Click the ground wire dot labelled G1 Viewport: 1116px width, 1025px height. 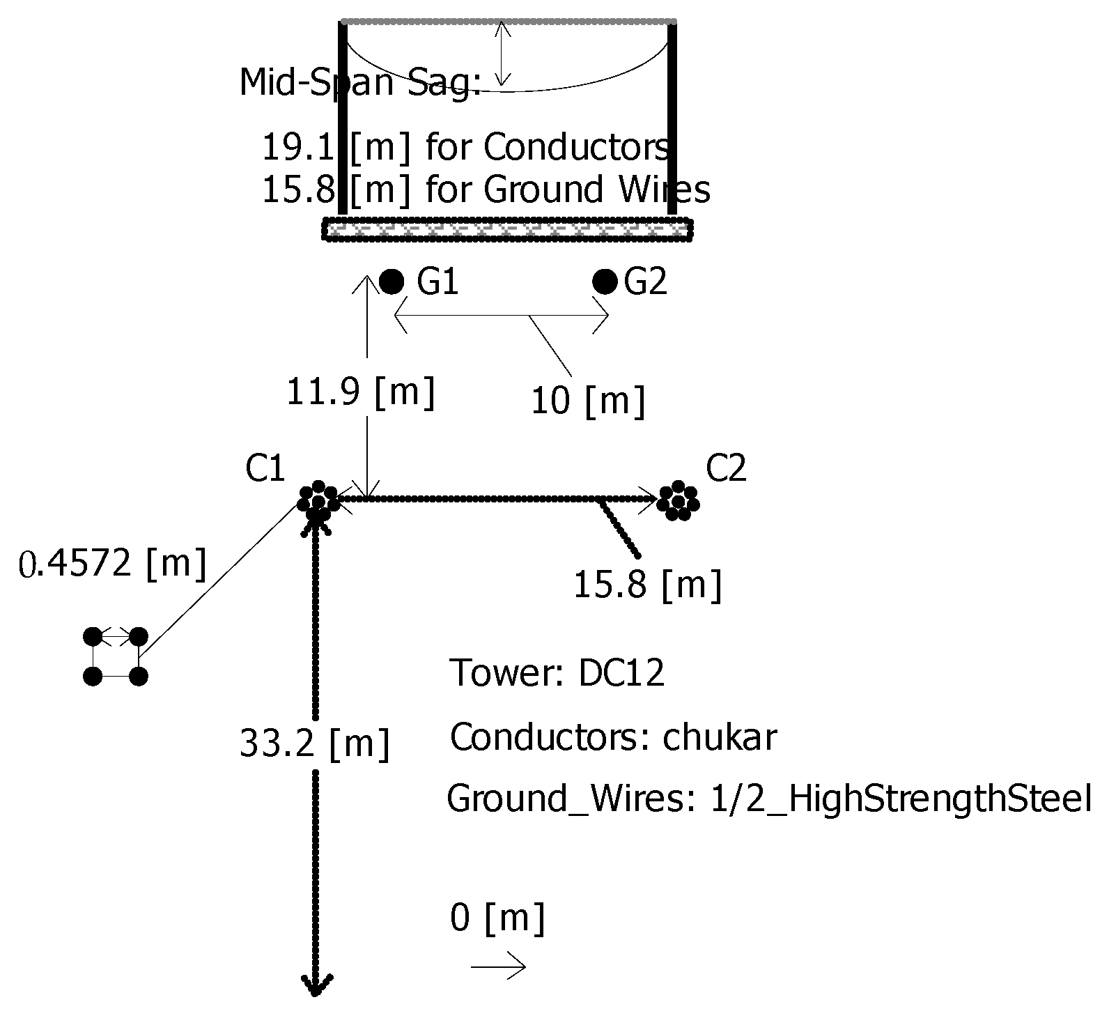coord(392,282)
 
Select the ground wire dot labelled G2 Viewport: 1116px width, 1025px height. coord(605,282)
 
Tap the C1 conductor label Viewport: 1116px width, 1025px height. coord(265,470)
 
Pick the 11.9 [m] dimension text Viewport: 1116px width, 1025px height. coord(361,392)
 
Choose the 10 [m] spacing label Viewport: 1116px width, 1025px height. coord(588,401)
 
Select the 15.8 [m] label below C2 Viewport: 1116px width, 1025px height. coord(647,585)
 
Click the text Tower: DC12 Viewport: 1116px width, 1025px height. coord(557,673)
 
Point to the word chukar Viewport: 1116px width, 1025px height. coord(719,737)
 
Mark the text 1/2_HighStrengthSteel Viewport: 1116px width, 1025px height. coord(900,799)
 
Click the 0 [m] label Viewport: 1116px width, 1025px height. coord(497,918)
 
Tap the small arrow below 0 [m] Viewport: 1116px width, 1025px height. coord(498,966)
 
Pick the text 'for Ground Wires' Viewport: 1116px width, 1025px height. coord(568,190)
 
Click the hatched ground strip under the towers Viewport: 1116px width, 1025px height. coord(507,229)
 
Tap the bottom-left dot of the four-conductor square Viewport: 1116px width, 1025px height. coord(93,676)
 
